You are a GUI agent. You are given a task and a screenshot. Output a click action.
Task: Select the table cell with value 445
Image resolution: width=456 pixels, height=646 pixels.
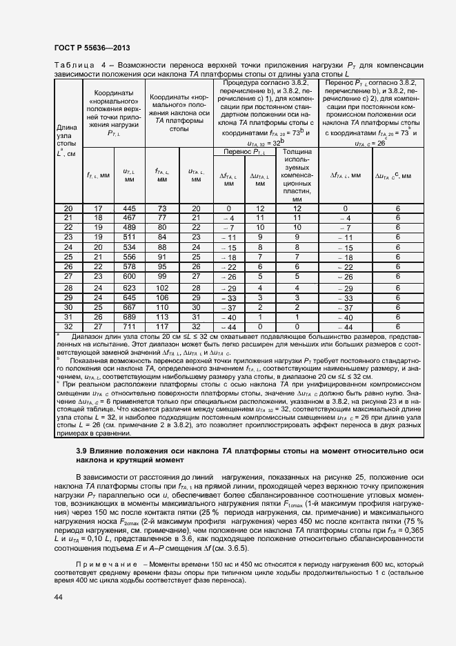[x=129, y=208]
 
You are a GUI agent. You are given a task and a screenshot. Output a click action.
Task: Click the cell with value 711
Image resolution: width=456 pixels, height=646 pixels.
[x=129, y=326]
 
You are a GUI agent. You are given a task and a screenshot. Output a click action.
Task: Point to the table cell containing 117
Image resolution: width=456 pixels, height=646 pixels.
[x=162, y=326]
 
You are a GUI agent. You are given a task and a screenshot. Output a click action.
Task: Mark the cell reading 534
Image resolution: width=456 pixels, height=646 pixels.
[x=129, y=247]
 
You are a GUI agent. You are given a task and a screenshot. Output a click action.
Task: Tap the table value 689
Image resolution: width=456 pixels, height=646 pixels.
[x=129, y=316]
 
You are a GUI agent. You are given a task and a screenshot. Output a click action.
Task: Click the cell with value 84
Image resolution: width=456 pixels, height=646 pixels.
[x=162, y=237]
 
